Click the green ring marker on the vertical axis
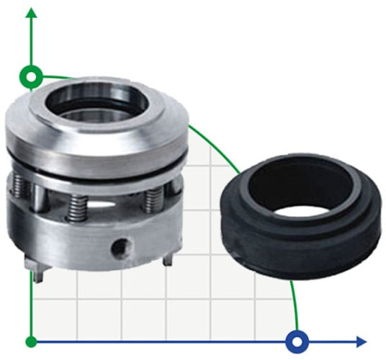click(x=30, y=75)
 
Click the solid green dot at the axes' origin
click(x=30, y=341)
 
